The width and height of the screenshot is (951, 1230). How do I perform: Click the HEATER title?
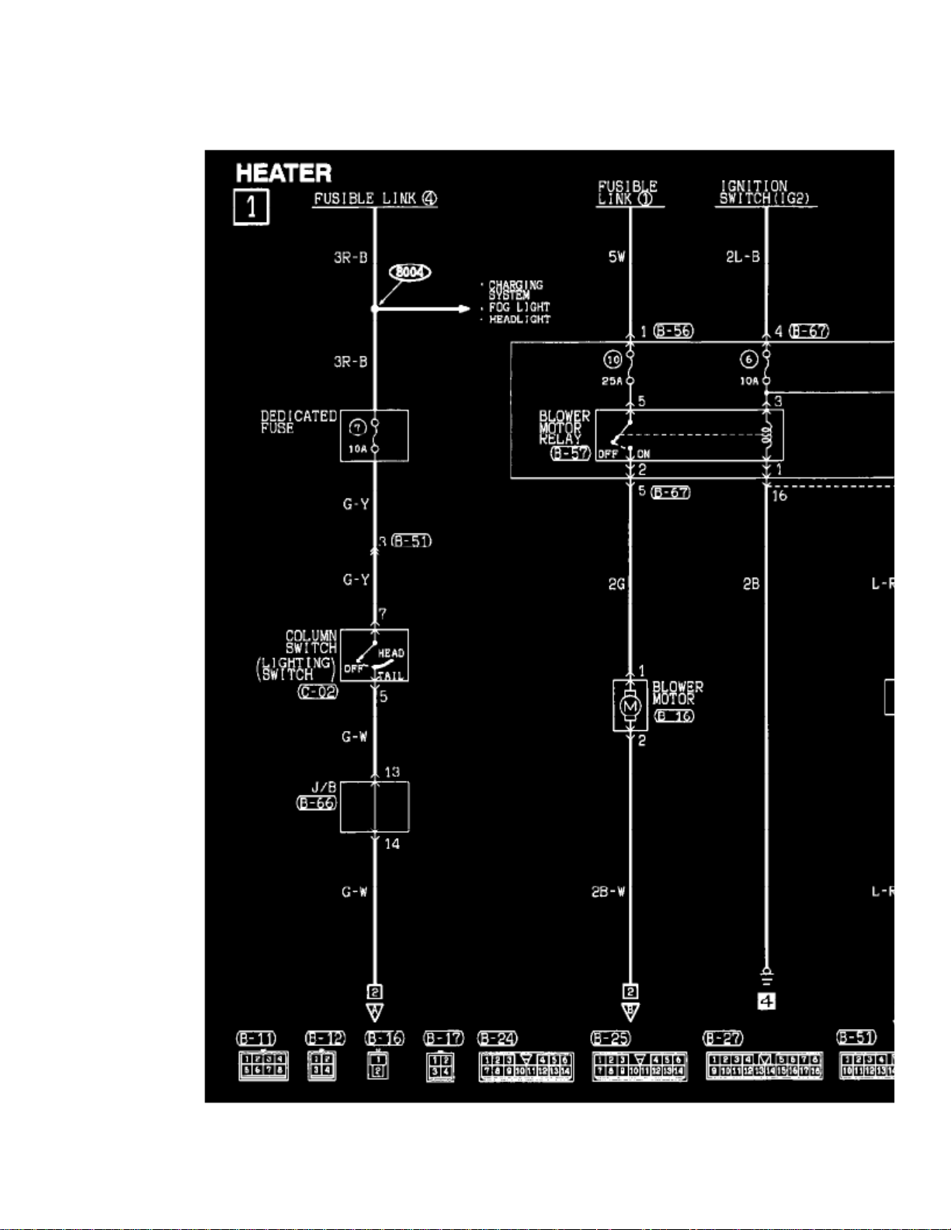pyautogui.click(x=283, y=172)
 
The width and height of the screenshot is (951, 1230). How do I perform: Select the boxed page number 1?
pyautogui.click(x=251, y=207)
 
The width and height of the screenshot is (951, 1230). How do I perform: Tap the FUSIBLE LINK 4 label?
pyautogui.click(x=375, y=199)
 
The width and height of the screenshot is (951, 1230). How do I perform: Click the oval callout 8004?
pyautogui.click(x=409, y=272)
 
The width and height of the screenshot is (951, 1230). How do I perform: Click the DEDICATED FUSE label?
pyautogui.click(x=298, y=422)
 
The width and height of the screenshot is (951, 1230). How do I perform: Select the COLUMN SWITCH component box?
pyautogui.click(x=374, y=656)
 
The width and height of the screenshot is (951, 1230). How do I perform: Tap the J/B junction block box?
pyautogui.click(x=374, y=807)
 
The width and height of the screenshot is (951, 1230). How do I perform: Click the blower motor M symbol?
pyautogui.click(x=630, y=706)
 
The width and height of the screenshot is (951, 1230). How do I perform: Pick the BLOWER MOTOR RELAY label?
pyautogui.click(x=564, y=428)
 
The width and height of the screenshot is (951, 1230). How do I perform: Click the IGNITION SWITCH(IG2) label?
pyautogui.click(x=765, y=192)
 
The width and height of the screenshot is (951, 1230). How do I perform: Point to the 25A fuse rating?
pyautogui.click(x=612, y=381)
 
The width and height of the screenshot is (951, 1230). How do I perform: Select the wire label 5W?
pyautogui.click(x=616, y=256)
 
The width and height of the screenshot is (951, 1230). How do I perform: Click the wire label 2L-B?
pyautogui.click(x=742, y=256)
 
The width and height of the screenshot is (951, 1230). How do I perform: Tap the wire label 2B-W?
pyautogui.click(x=608, y=892)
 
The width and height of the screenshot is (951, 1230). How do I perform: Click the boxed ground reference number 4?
pyautogui.click(x=766, y=1002)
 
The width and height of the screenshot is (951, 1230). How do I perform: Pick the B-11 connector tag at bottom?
pyautogui.click(x=256, y=1038)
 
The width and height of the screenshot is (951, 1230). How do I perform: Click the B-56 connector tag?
pyautogui.click(x=673, y=331)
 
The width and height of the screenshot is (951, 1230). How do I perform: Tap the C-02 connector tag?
pyautogui.click(x=318, y=691)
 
